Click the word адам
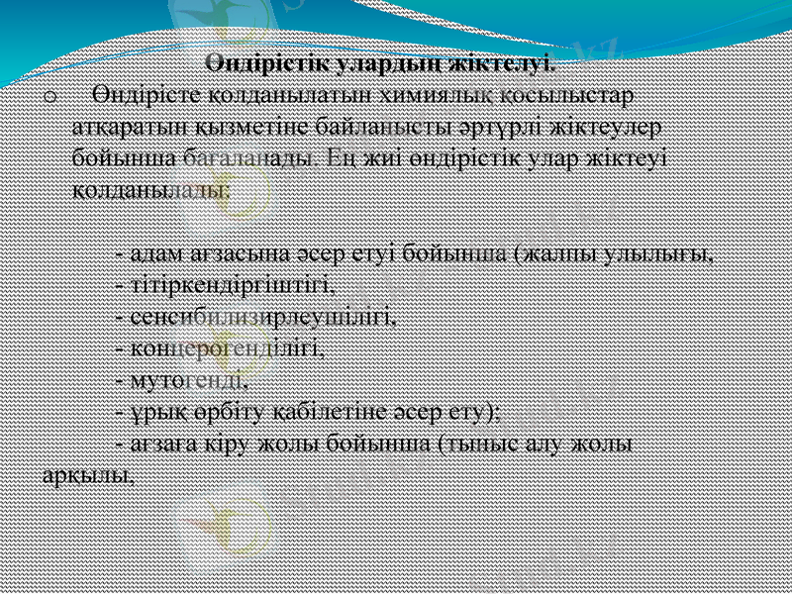click(154, 253)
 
